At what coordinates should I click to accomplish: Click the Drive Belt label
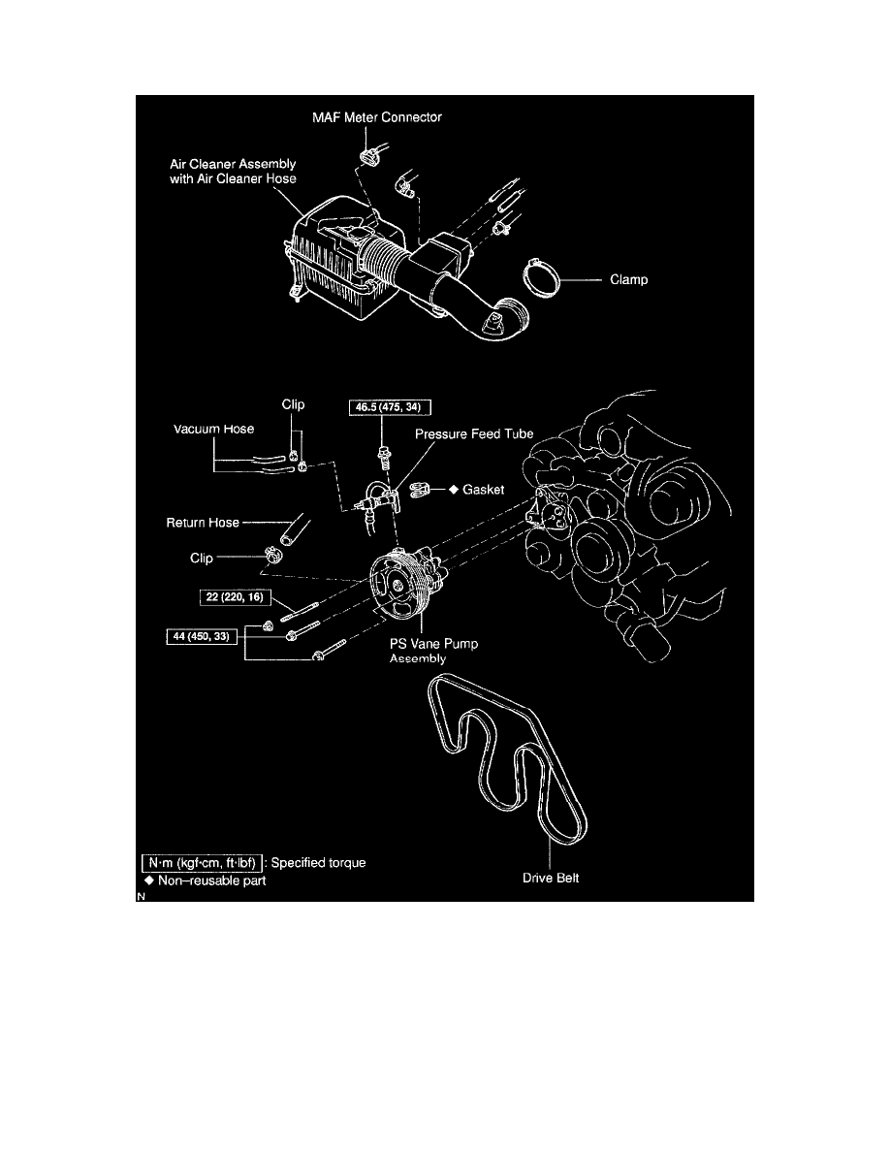click(x=550, y=880)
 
